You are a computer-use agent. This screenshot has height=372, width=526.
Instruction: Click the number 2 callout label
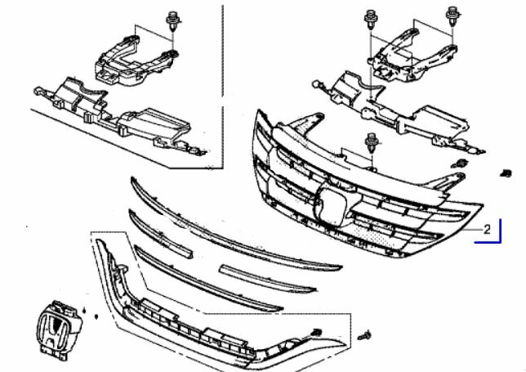pyautogui.click(x=487, y=230)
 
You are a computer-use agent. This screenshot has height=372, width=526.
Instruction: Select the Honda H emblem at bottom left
pyautogui.click(x=59, y=328)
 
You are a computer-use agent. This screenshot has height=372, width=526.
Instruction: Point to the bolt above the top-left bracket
pyautogui.click(x=173, y=20)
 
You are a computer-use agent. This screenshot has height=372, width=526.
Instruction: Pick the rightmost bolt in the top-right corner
pyautogui.click(x=452, y=16)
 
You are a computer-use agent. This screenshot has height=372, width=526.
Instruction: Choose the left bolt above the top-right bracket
pyautogui.click(x=370, y=19)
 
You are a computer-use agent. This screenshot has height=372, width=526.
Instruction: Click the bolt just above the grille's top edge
pyautogui.click(x=372, y=143)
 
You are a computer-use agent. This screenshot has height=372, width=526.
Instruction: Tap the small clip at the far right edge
pyautogui.click(x=506, y=173)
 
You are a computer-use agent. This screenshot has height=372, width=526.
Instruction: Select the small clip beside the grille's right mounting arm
pyautogui.click(x=460, y=164)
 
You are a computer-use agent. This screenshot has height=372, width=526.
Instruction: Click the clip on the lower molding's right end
pyautogui.click(x=316, y=333)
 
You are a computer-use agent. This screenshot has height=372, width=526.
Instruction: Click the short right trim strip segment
pyautogui.click(x=267, y=278)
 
